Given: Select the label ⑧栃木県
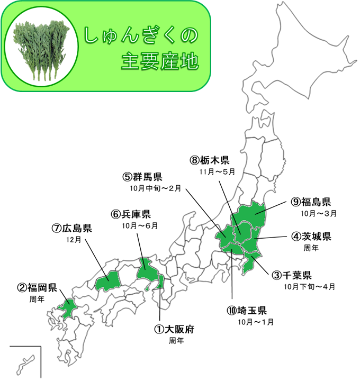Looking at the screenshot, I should tap(211, 160).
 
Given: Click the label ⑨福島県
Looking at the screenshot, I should tap(312, 202).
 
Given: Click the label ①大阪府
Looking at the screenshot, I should tap(175, 329).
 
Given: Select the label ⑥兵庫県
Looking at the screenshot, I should tap(131, 214).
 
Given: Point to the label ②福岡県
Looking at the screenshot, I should tap(37, 288).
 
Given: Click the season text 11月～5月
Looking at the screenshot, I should tap(217, 173).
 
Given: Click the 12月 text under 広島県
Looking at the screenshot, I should tap(75, 240).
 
